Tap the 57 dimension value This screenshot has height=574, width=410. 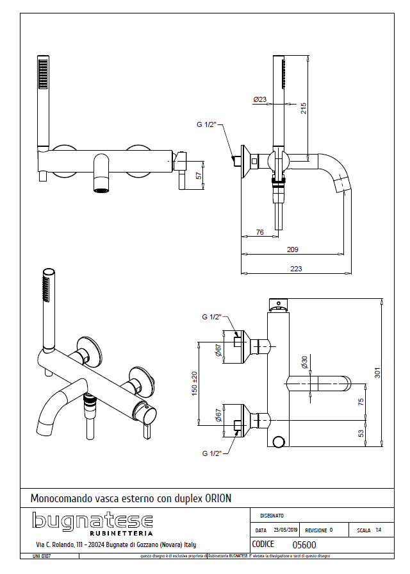(199, 175)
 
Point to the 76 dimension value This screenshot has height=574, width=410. (260, 233)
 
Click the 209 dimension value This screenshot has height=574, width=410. (294, 250)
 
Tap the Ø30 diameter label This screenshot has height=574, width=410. (305, 363)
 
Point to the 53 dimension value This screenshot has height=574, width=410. (361, 434)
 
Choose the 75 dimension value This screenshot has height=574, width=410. (361, 402)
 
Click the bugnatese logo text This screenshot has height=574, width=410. (92, 521)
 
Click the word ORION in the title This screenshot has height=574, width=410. (218, 498)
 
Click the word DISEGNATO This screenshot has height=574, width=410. (272, 516)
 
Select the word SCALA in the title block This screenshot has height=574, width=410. (364, 530)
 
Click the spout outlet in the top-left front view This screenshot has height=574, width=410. (102, 189)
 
